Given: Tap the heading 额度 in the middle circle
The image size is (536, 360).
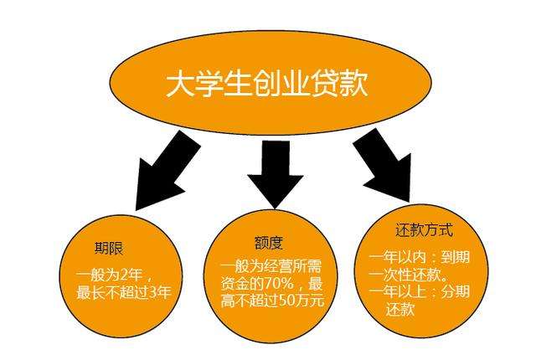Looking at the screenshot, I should point(269,244).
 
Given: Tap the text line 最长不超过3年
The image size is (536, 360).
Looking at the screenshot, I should point(123,292).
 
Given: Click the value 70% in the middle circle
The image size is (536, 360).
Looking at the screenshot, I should point(277,282).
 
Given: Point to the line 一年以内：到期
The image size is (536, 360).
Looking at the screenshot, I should point(420,255).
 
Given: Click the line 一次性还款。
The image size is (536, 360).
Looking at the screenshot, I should point(409,272).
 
